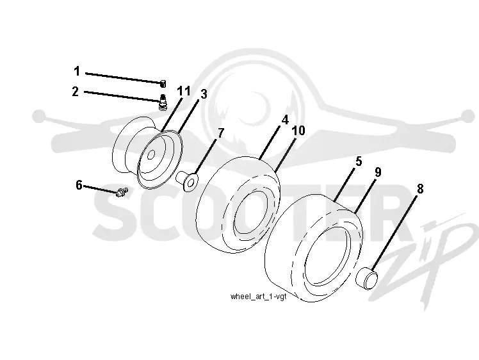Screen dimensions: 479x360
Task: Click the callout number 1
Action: coord(77,71)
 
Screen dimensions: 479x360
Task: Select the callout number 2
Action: coord(76,92)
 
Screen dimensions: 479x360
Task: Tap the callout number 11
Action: coord(184,91)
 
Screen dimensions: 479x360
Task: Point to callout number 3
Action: coord(204,94)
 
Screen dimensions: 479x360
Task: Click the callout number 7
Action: coord(221,133)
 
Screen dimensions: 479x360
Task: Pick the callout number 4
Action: coord(285,120)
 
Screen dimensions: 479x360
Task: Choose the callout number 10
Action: coord(298,131)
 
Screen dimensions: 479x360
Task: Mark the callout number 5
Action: coord(359,161)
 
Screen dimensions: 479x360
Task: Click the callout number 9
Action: coord(378,172)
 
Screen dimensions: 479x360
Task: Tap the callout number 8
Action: coord(420,189)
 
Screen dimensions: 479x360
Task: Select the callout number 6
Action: coord(79,185)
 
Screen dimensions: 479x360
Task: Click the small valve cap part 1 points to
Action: coord(163,83)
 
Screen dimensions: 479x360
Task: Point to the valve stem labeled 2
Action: coord(163,101)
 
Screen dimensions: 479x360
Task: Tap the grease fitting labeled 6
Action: coord(122,192)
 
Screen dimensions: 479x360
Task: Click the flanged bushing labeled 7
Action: coord(187,181)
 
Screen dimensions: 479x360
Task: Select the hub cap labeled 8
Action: coord(367,278)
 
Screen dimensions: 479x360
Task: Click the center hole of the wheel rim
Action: coord(150,155)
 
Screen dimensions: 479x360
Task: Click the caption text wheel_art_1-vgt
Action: coord(259,296)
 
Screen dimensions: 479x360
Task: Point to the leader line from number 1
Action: coord(124,78)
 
